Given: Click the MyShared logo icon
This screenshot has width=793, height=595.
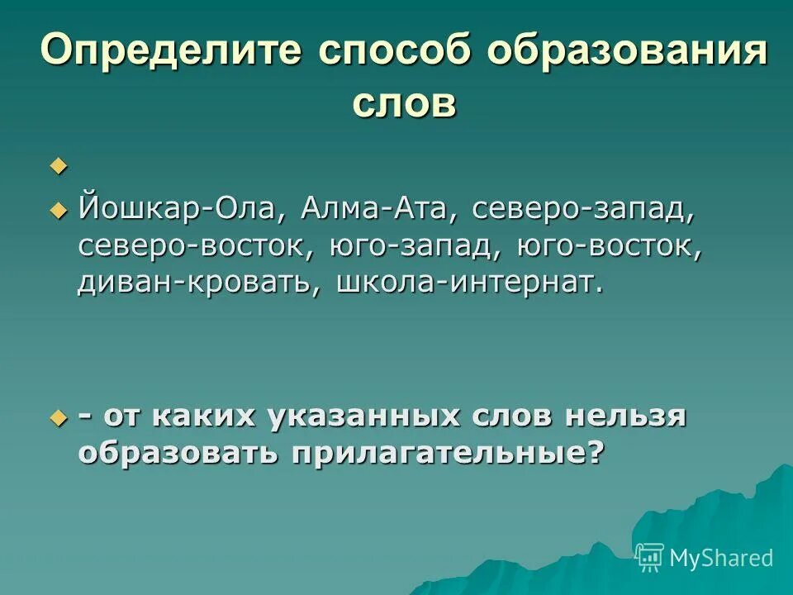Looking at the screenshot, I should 650,557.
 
